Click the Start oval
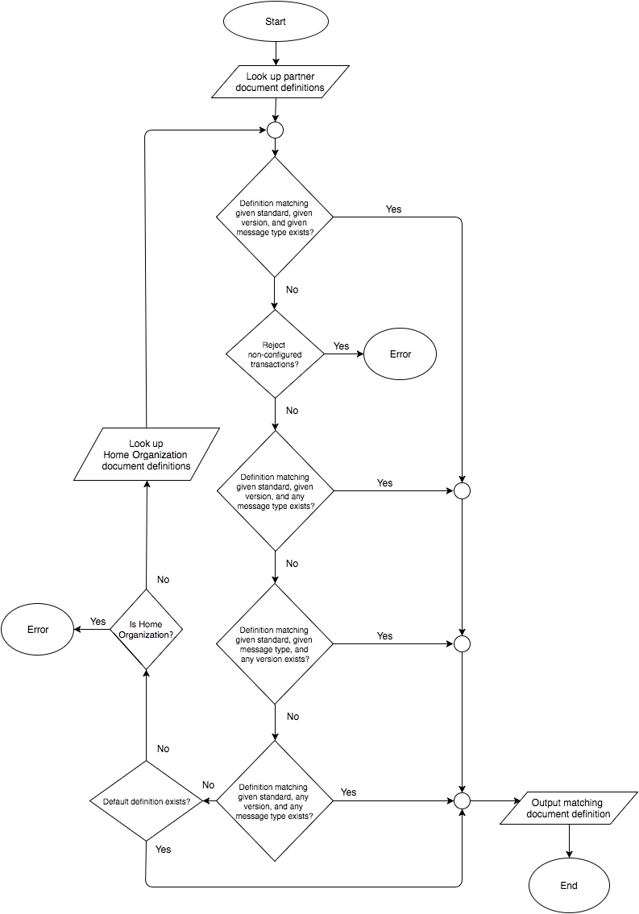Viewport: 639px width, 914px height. [276, 22]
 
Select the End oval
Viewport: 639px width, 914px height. [569, 885]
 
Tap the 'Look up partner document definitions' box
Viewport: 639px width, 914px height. [280, 82]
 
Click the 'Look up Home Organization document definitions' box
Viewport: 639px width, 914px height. [147, 455]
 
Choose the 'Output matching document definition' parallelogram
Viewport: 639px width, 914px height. [566, 809]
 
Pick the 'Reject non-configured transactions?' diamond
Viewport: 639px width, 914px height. [275, 354]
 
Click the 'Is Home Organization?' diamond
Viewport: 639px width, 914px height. [146, 629]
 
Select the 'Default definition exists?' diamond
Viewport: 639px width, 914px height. [146, 801]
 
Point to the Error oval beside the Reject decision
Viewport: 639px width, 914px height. [400, 354]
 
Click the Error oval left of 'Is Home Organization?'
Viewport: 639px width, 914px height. [38, 629]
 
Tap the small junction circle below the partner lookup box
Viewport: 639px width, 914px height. [275, 130]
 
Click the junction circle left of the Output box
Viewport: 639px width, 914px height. [462, 801]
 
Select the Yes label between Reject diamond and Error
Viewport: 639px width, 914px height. [342, 346]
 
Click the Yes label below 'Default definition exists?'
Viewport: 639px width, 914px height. [163, 850]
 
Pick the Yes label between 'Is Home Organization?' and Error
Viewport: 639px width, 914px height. [98, 622]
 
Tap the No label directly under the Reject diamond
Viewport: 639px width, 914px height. [292, 411]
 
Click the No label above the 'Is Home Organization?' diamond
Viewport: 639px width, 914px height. [163, 580]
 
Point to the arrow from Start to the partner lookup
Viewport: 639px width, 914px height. [276, 54]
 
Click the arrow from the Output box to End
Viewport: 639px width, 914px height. [569, 842]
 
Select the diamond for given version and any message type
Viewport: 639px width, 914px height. [275, 490]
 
